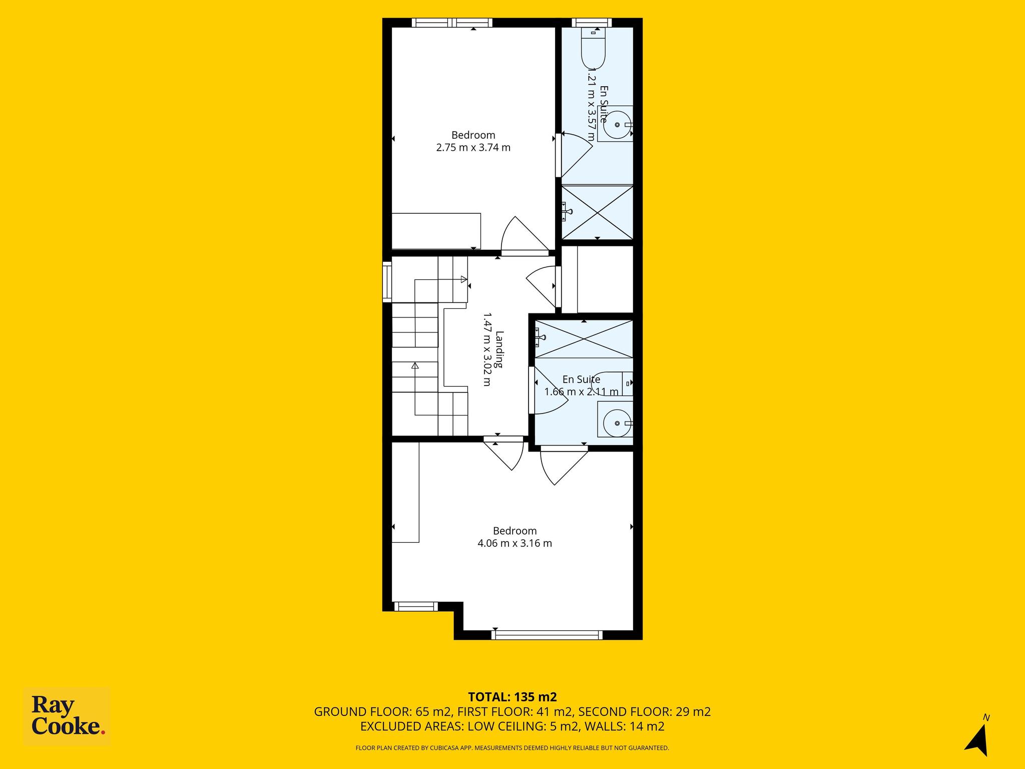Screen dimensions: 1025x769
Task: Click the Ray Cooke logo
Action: tap(67, 717)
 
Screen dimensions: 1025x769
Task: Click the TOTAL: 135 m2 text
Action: tap(512, 697)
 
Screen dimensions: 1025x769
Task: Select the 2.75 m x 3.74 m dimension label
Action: tap(473, 148)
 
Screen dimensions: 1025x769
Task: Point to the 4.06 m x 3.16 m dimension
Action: tap(515, 543)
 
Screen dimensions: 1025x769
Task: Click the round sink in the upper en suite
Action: tap(617, 124)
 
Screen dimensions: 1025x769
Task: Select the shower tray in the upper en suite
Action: tap(597, 212)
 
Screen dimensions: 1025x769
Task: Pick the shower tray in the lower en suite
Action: tap(584, 339)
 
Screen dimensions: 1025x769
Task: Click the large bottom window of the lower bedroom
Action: tap(547, 635)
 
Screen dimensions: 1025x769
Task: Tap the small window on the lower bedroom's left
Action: tap(416, 606)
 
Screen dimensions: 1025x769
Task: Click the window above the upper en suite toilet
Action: tap(592, 23)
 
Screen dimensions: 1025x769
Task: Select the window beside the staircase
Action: tap(387, 282)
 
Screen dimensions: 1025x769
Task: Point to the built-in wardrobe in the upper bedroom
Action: tap(436, 231)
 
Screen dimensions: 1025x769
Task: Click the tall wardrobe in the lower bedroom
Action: tap(405, 493)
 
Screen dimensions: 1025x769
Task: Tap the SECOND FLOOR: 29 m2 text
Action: tap(645, 711)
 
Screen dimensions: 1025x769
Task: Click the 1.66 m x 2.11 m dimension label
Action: tap(582, 392)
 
